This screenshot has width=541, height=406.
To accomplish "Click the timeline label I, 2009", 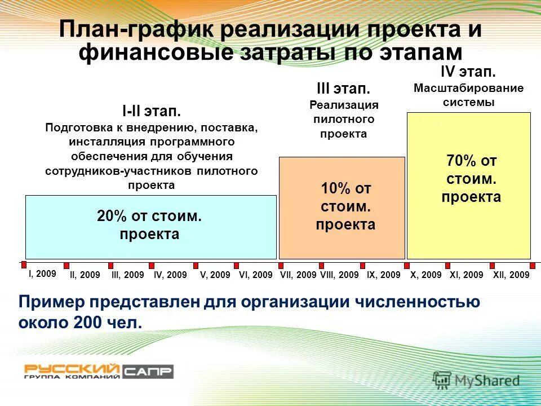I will (42, 273).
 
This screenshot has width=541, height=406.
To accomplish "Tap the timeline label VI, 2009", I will (255, 275).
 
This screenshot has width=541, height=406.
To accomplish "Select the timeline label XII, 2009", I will (511, 275).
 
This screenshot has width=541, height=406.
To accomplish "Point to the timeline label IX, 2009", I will (383, 275).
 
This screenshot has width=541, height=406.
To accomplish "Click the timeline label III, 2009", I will (127, 275).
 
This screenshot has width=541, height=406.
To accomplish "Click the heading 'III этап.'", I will (343, 89).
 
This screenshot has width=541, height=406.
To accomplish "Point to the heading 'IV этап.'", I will (468, 73).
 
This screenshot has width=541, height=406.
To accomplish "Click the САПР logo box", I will (148, 371).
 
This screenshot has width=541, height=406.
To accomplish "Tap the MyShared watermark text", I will (487, 381).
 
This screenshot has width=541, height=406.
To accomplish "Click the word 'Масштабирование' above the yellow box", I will (468, 89).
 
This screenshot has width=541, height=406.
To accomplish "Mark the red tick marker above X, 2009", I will (407, 265).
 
